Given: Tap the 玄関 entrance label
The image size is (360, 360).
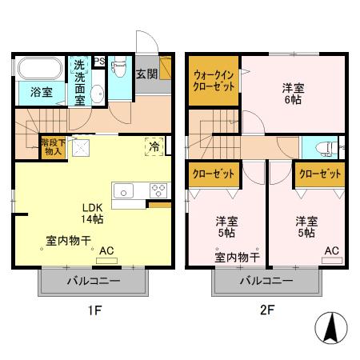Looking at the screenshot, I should point(146,74).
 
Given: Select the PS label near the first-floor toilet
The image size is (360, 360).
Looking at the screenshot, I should point(99,62).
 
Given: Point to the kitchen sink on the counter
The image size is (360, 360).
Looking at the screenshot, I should point(125,190).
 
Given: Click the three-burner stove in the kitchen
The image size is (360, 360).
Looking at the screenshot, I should point(158,190).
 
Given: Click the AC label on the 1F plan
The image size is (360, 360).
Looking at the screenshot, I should point(106,250).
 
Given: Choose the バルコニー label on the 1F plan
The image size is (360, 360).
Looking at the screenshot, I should point(93,282).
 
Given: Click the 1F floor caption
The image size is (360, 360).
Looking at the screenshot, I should point(93,309).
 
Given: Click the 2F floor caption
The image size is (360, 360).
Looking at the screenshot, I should point(265,309).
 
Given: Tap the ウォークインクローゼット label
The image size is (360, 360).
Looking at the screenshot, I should point(213,82).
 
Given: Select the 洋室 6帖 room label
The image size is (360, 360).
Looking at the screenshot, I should point(294,92).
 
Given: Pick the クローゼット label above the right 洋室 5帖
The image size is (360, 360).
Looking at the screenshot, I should point(318,173).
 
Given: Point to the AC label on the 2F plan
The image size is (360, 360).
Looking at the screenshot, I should point(330,250).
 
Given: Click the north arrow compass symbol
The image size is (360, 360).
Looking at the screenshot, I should point(330,329).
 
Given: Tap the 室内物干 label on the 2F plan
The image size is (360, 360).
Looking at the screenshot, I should point(236,257).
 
